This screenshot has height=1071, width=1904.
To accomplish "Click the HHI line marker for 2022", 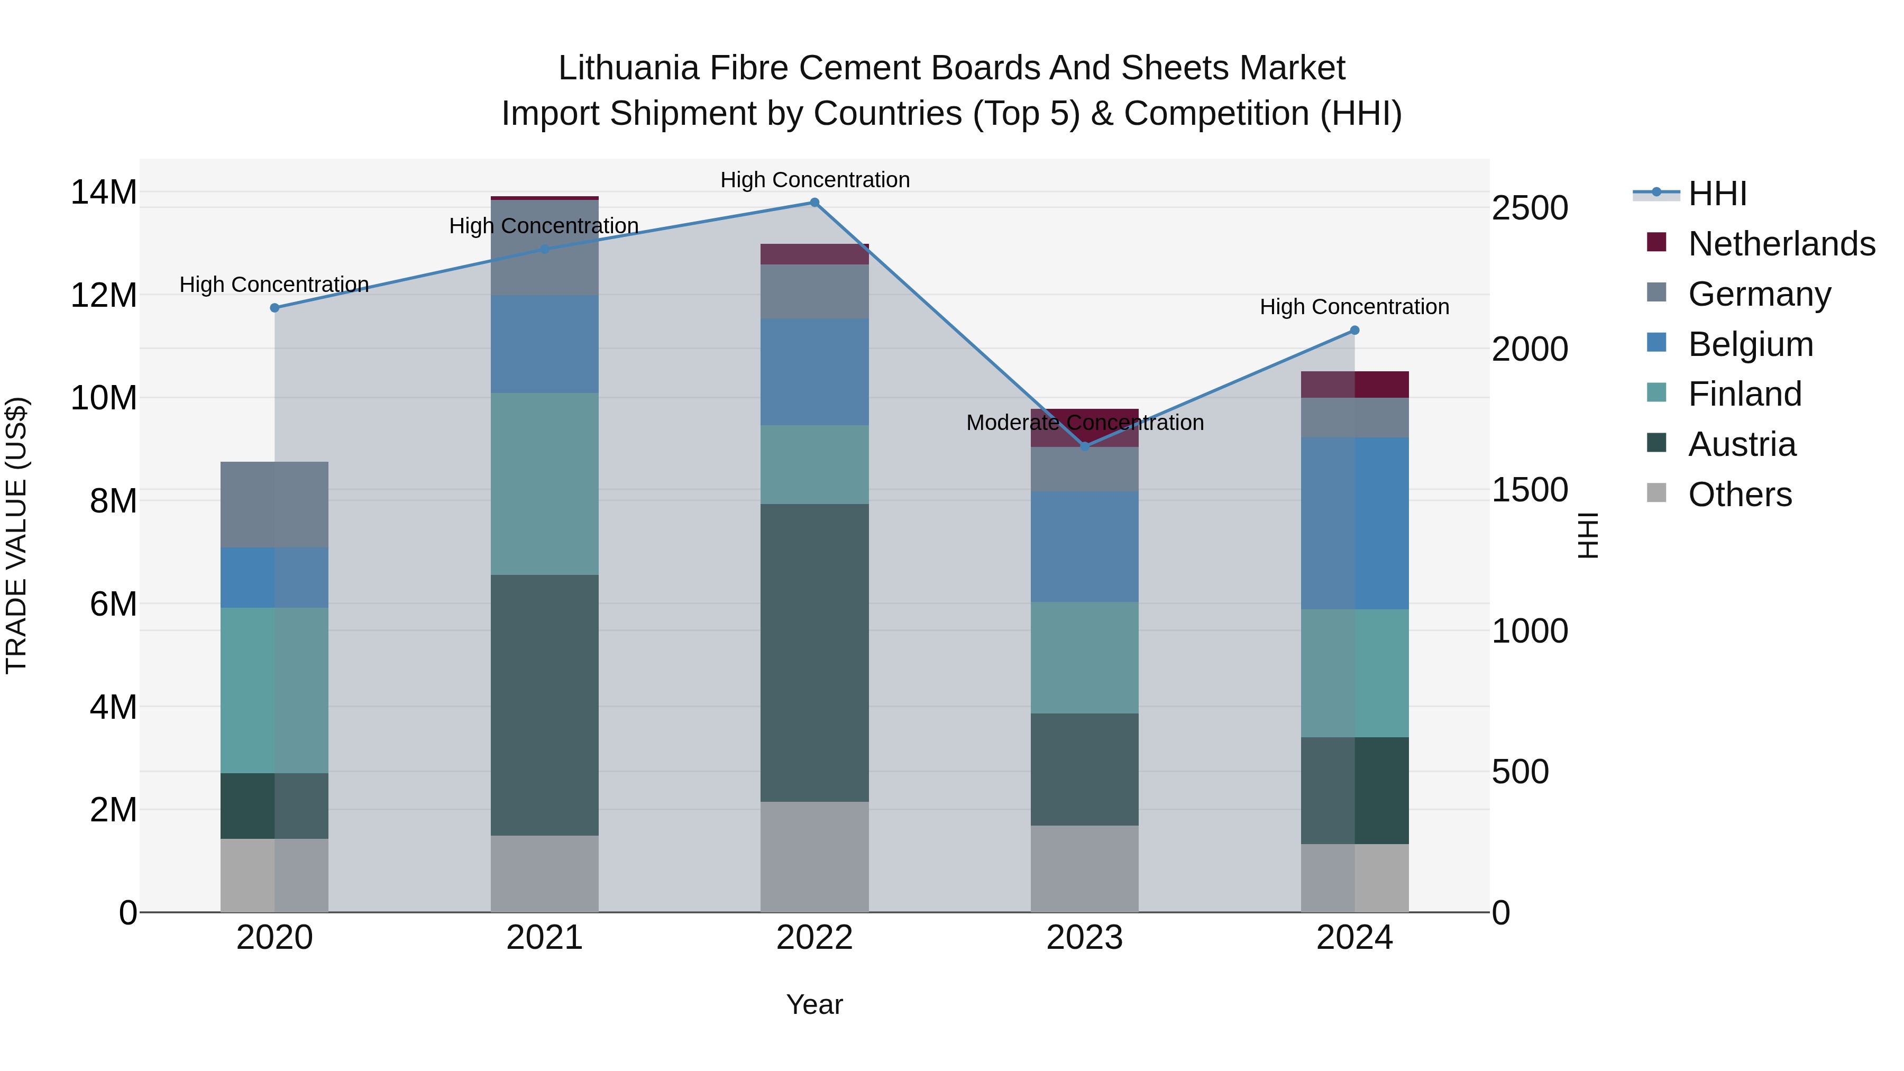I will point(814,203).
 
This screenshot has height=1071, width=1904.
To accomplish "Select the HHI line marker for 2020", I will point(274,308).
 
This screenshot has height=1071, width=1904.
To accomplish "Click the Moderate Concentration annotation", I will point(1084,423).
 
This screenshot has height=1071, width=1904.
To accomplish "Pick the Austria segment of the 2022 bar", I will point(814,653).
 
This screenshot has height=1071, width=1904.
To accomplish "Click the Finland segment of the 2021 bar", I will point(545,484).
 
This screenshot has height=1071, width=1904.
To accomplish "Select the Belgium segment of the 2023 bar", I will point(1084,546).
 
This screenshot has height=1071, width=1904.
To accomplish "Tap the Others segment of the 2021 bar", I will point(545,874).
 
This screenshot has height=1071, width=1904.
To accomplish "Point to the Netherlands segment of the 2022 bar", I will point(814,254).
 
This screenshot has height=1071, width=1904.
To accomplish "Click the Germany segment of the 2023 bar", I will point(1084,469).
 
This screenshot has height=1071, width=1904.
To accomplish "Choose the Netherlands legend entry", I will point(1781,244).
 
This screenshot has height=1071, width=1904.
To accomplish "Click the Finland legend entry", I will point(1744,394).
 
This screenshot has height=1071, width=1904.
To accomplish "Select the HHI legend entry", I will point(1717,194).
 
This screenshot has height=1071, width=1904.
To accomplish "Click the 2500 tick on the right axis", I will point(1529,208).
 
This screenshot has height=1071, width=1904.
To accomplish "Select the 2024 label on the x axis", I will point(1354,938).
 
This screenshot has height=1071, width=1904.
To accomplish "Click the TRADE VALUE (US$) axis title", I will point(16,535).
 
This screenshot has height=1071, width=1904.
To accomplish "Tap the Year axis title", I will point(814,1004).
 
